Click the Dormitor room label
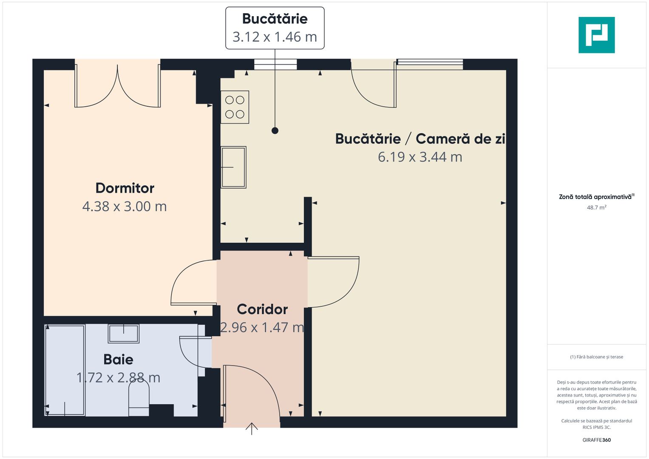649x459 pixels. tap(125, 188)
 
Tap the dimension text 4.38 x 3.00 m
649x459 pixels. tap(125, 207)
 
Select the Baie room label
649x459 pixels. tap(118, 360)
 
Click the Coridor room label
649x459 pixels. tap(262, 309)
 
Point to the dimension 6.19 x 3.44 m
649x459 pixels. tap(420, 157)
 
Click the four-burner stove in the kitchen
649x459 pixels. tap(235, 107)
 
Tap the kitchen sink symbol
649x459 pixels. tap(233, 167)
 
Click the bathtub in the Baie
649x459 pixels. tap(65, 370)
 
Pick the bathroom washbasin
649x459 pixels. tap(124, 333)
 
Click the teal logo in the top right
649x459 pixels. tap(596, 35)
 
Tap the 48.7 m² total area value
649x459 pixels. tap(596, 208)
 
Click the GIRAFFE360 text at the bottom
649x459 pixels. tap(596, 440)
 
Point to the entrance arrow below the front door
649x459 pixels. tap(252, 429)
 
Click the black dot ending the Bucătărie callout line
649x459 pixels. tap(275, 130)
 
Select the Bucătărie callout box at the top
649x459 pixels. tap(275, 28)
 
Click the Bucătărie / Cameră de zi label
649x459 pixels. tap(420, 139)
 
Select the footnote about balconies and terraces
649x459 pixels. tap(596, 357)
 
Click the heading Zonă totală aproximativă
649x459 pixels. tap(595, 197)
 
